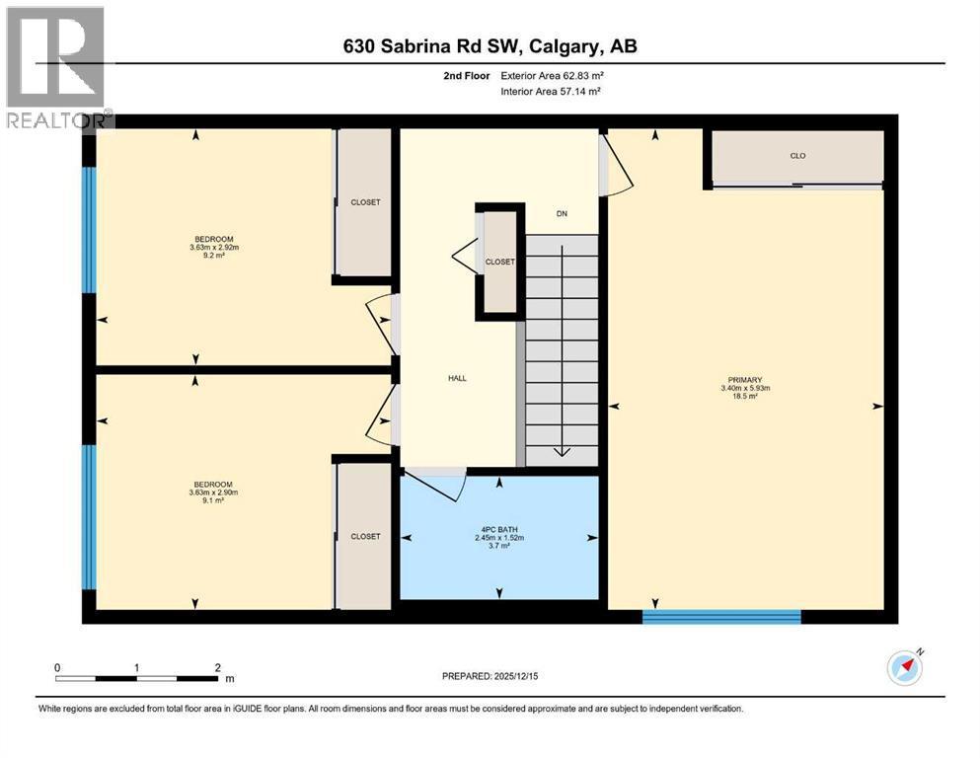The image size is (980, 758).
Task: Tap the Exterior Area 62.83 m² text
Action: [x=552, y=74]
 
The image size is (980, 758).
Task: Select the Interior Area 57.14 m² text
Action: [x=551, y=91]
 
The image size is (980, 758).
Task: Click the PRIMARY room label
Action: [x=744, y=380]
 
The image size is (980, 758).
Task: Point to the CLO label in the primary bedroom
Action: [x=797, y=156]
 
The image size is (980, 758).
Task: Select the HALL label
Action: [x=456, y=378]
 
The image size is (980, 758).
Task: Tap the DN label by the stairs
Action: [x=562, y=214]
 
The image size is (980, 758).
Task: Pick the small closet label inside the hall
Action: [x=499, y=262]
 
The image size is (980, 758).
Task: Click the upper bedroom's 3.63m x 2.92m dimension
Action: [x=214, y=248]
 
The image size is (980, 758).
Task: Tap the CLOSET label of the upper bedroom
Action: [x=365, y=202]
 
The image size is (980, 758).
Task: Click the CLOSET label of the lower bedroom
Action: [x=365, y=536]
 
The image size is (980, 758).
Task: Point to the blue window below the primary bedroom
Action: [x=720, y=617]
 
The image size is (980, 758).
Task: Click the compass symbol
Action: [x=904, y=669]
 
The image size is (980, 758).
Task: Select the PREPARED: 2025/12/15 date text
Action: [x=490, y=676]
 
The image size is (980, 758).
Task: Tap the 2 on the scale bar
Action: [x=217, y=667]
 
